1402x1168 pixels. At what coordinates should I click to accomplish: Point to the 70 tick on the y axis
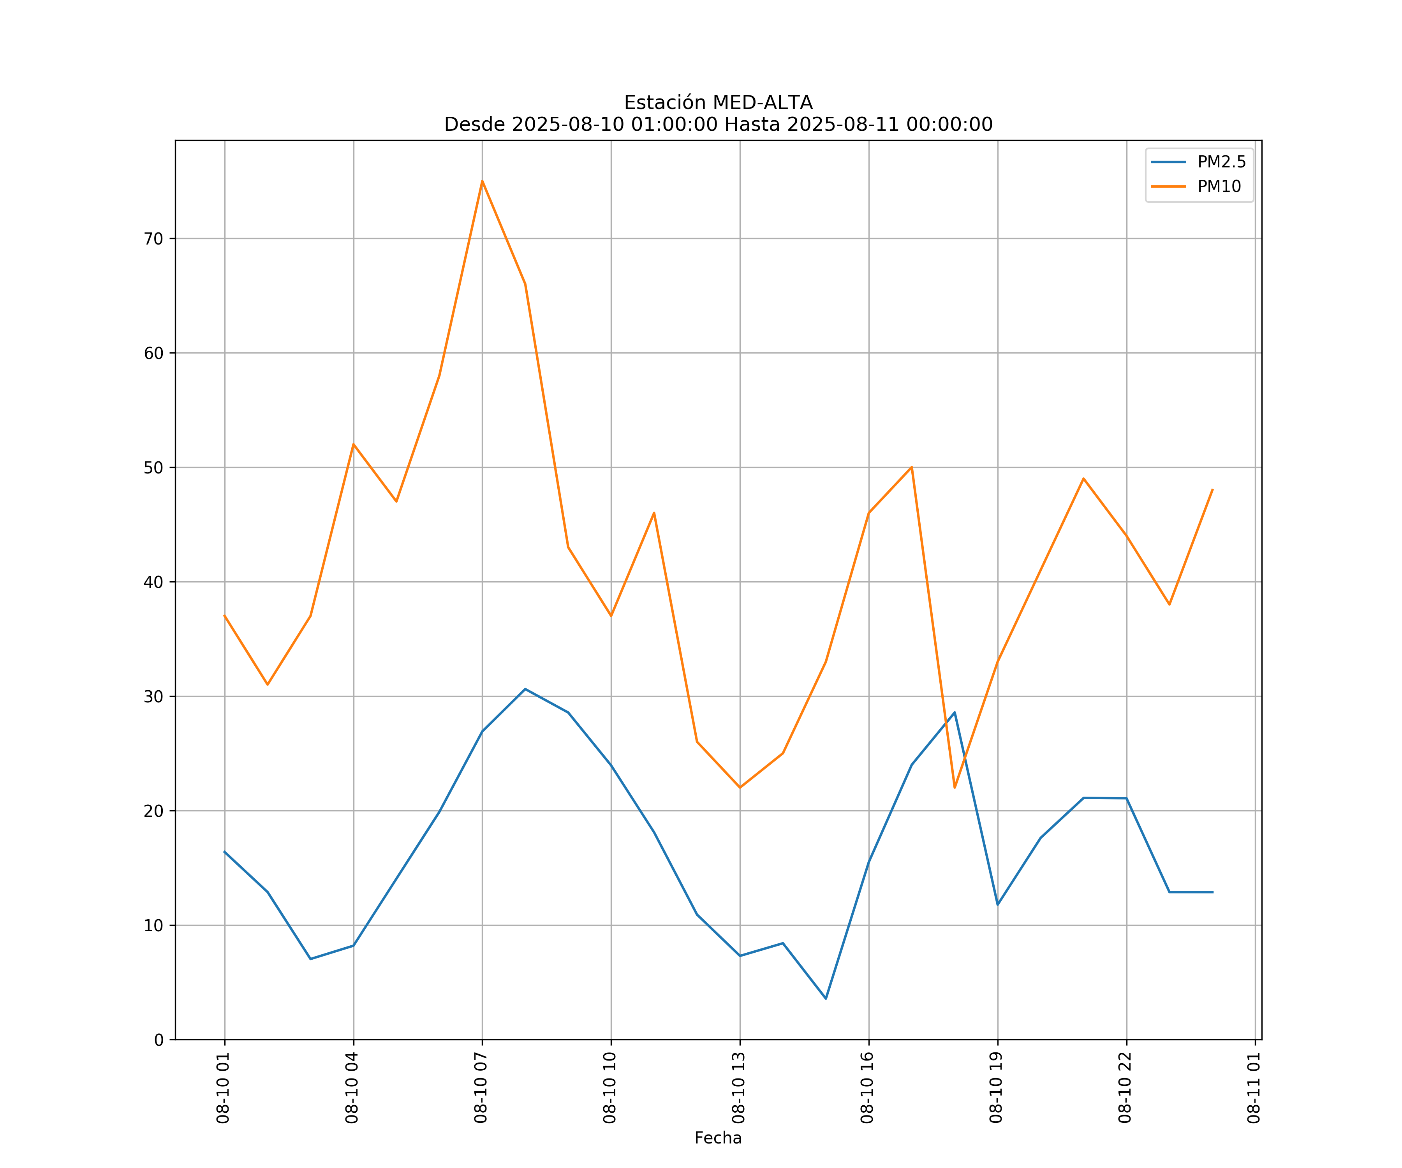click(x=153, y=239)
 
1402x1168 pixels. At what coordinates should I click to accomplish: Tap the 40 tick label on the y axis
click(x=153, y=582)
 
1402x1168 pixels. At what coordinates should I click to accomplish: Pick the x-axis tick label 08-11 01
click(x=1254, y=1088)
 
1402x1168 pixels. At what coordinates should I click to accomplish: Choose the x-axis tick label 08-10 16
click(x=867, y=1088)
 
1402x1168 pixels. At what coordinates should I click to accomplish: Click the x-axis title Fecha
click(x=718, y=1138)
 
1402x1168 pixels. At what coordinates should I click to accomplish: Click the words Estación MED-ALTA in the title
click(x=718, y=103)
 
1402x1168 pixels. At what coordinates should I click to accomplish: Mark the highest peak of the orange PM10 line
click(x=482, y=181)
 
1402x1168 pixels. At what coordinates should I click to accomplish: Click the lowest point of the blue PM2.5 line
click(x=826, y=999)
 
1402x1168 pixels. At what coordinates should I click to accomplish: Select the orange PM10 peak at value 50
click(x=911, y=467)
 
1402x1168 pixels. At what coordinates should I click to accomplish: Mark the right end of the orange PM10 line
click(x=1212, y=489)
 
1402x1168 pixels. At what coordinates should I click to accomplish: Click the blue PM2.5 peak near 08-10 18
click(x=955, y=712)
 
